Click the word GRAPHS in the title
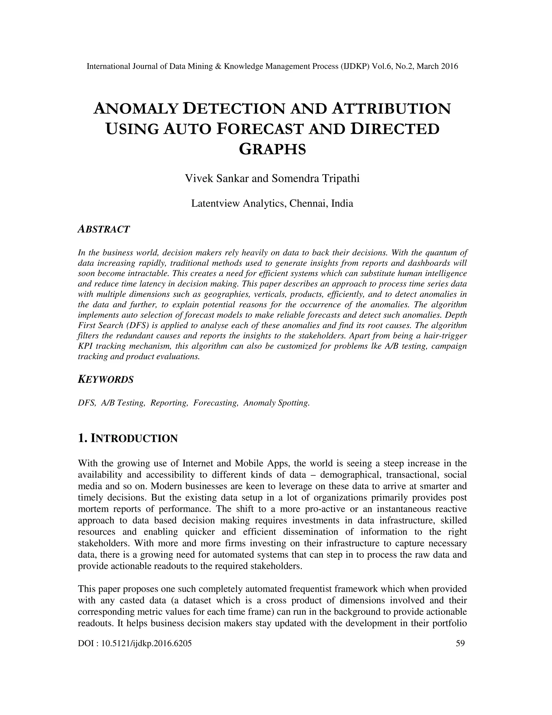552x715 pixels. (x=272, y=149)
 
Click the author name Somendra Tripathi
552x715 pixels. (x=316, y=178)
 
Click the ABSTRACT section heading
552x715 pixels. (x=104, y=229)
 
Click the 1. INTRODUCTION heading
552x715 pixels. (x=128, y=438)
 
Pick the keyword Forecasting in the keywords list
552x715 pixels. (x=216, y=403)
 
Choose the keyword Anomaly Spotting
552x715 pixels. (x=276, y=403)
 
